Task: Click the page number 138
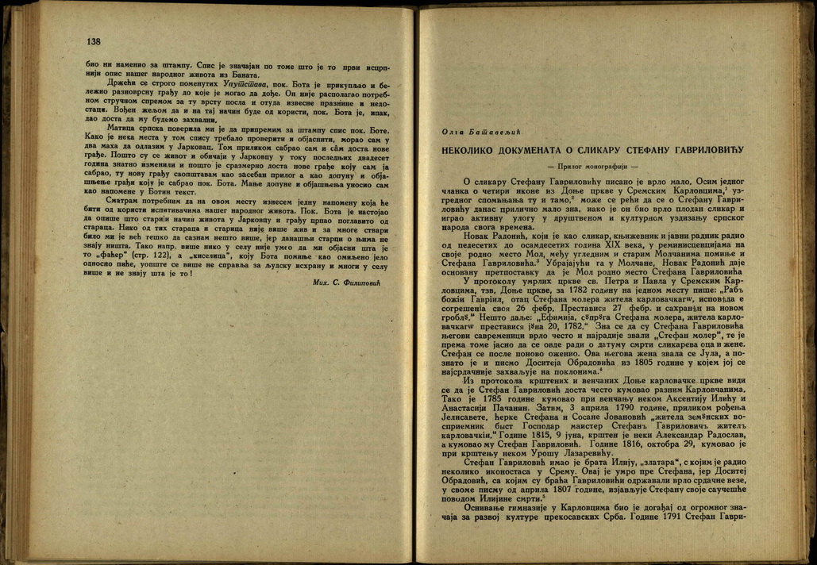(94, 41)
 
